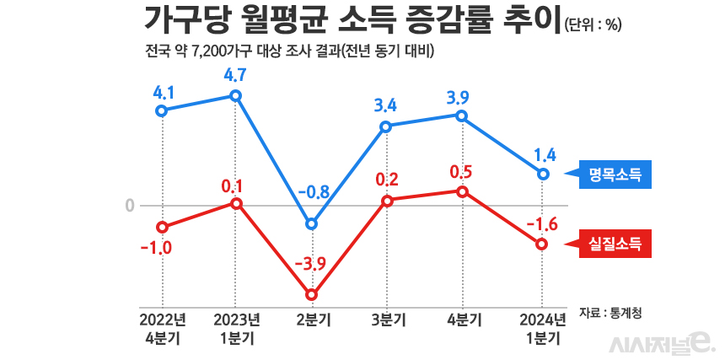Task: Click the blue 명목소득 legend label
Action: pos(615,175)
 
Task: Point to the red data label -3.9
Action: pos(311,265)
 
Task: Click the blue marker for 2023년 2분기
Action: pos(312,223)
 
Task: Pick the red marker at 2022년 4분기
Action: pos(162,227)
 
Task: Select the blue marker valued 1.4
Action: pos(543,174)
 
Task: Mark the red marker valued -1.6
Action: pos(543,244)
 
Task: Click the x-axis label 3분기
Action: pos(387,320)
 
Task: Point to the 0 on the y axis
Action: pos(130,205)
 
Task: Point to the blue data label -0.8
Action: pos(313,191)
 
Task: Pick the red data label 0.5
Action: pos(461,172)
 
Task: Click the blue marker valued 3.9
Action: pos(461,115)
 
